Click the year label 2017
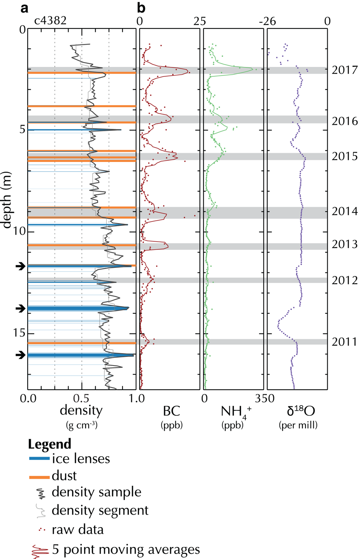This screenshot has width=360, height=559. pos(344,70)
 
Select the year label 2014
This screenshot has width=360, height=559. pos(344,211)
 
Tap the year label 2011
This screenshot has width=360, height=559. pos(344,342)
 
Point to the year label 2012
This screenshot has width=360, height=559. pos(344,280)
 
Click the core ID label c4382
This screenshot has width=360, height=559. pos(50,20)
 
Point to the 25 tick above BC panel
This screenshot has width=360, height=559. pos(199,21)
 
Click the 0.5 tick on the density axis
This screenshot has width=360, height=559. pos(81,399)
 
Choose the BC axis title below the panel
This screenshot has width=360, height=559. pos(172,411)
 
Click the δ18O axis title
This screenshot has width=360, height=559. pos(298,411)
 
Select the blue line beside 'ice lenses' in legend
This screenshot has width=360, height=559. pos(39,459)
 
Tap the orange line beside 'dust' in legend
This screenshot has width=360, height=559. pos(39,476)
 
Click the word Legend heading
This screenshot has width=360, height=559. pos(49,444)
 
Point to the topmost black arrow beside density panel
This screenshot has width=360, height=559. pos(20,266)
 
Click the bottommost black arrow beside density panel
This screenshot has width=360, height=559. pos(20,355)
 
